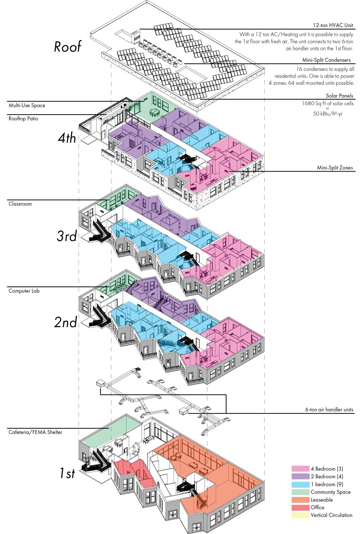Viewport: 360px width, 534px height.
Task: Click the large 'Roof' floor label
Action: point(68,47)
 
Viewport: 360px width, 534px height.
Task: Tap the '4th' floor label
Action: point(67,138)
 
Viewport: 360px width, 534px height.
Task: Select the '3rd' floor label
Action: point(67,236)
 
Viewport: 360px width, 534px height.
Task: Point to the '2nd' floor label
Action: point(66,322)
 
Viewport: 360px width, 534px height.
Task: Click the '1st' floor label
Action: point(67,473)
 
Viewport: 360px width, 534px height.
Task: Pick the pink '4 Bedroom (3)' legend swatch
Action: point(300,469)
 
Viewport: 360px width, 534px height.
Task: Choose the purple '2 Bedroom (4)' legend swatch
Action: point(300,476)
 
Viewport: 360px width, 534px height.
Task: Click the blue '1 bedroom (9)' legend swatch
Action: point(300,484)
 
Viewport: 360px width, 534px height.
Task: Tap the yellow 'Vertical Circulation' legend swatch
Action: point(300,515)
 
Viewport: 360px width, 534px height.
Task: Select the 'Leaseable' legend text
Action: point(322,500)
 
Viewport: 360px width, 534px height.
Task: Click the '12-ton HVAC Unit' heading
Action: point(333,26)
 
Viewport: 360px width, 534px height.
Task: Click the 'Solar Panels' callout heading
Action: point(340,96)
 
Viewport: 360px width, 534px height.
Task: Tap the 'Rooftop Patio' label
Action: point(23,119)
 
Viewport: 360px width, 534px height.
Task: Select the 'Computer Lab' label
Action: point(24,291)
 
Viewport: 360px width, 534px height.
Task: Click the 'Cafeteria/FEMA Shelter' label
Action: point(35,432)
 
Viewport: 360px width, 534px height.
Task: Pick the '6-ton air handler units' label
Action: point(329,410)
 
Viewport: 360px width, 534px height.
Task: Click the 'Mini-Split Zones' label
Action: point(335,168)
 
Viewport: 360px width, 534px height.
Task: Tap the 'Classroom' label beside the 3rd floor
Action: point(20,204)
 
